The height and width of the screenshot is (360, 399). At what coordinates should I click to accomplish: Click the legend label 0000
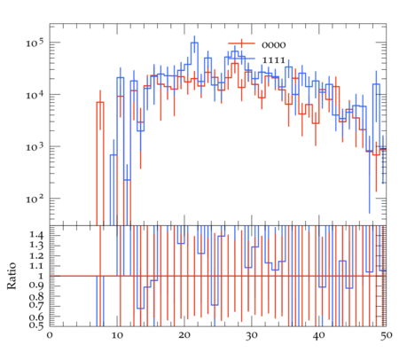pos(274,45)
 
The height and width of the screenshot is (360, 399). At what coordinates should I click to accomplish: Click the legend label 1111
pos(274,60)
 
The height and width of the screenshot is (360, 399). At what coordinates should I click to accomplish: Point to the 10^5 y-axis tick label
pos(35,43)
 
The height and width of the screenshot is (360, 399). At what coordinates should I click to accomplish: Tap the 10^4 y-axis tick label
pos(35,95)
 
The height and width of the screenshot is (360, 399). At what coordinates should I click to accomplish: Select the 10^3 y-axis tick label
pos(35,147)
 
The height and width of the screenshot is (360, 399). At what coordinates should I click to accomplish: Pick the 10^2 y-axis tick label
pos(35,200)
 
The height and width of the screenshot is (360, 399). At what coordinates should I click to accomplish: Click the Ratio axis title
pos(12,276)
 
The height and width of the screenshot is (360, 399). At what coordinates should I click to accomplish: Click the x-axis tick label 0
pos(50,335)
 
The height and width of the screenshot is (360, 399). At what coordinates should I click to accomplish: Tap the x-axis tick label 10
pos(117,335)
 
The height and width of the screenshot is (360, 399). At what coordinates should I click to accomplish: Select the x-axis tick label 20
pos(184,335)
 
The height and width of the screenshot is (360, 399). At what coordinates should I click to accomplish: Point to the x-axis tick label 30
pos(252,335)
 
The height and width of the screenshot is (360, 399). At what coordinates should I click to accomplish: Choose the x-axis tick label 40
pos(319,335)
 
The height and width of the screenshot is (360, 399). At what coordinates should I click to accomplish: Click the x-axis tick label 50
pos(386,335)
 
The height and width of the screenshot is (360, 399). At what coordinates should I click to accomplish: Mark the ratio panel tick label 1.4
pos(36,235)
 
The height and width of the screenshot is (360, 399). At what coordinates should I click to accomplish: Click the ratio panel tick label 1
pos(41,276)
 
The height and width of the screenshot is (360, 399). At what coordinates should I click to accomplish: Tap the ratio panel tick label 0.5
pos(36,325)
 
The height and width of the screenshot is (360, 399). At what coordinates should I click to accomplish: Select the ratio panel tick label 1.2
pos(36,255)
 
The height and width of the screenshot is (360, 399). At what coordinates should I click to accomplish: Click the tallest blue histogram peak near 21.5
pos(194,43)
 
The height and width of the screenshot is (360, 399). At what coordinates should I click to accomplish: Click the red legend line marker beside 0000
pos(241,43)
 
